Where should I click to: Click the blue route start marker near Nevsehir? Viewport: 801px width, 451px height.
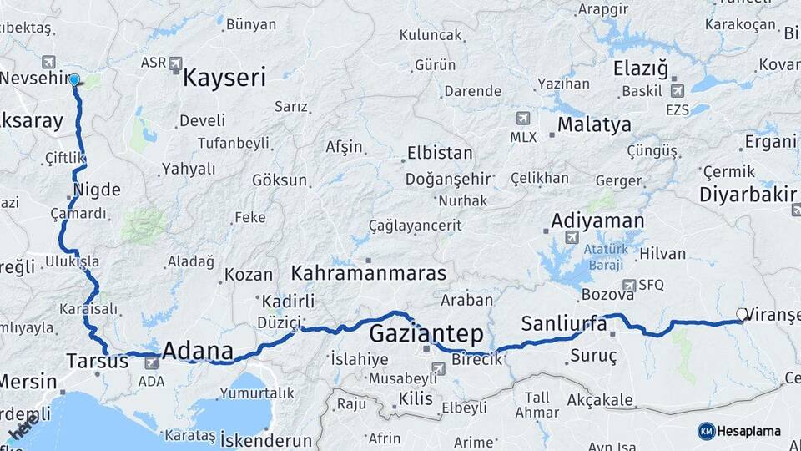point(75,80)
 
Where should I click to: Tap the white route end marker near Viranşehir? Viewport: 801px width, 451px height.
point(742,315)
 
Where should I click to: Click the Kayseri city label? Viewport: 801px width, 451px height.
point(224,79)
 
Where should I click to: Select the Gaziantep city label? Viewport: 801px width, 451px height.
point(426,334)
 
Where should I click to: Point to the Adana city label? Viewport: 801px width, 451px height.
point(197,352)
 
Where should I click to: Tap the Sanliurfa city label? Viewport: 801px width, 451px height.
point(564,324)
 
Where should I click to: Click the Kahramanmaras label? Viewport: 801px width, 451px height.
point(369,274)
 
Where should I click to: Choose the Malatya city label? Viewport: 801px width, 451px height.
point(594,125)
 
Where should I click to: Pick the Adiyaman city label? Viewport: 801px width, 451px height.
point(597,221)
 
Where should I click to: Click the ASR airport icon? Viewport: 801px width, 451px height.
point(175,63)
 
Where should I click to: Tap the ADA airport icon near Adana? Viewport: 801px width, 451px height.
point(152,363)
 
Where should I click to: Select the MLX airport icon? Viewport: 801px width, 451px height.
point(523,119)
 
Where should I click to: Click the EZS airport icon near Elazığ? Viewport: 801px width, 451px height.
point(676,90)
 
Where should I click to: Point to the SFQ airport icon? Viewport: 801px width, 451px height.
point(628,285)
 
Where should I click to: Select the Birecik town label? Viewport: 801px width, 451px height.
point(476,359)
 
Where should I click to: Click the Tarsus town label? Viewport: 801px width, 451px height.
point(97,362)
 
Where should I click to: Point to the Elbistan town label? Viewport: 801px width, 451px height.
point(439,154)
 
